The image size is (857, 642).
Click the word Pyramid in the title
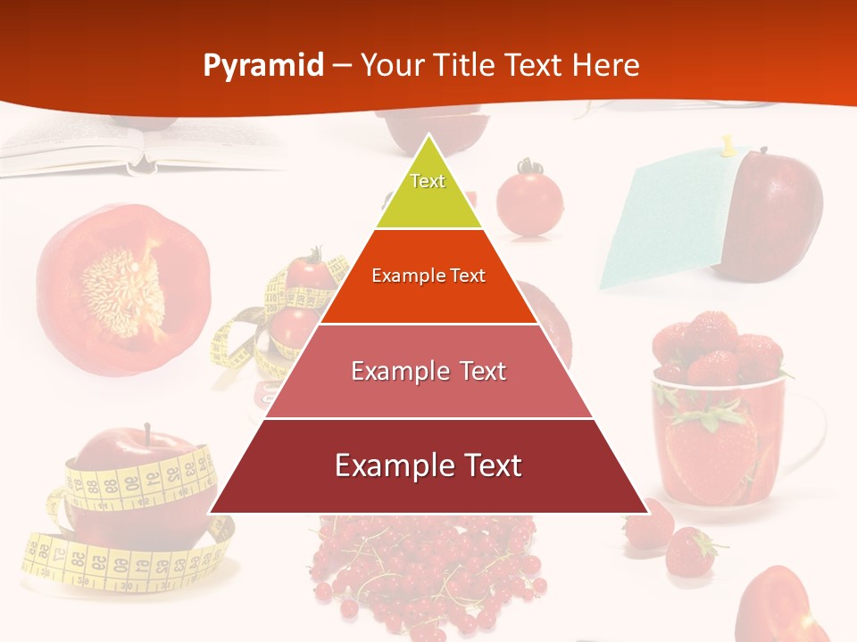tap(262, 66)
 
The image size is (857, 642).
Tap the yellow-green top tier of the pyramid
tap(428, 192)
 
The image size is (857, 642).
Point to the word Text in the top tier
tap(428, 181)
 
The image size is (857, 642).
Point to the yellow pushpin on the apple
tap(728, 144)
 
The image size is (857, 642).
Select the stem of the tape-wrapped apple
tap(147, 434)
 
